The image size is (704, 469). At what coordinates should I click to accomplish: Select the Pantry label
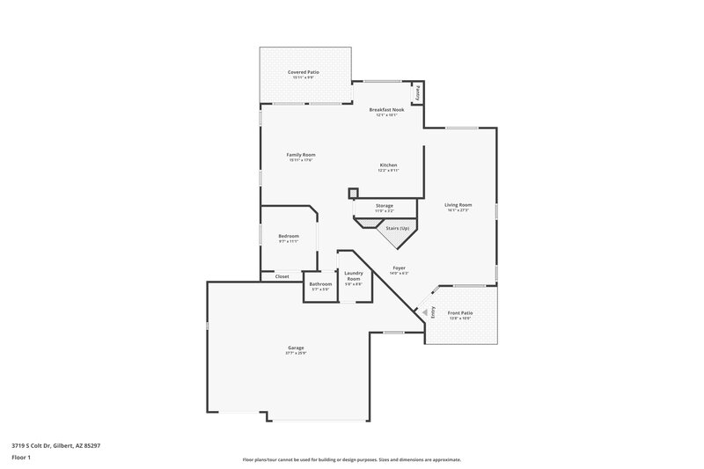click(x=418, y=92)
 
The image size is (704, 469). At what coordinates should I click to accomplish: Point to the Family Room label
click(x=301, y=155)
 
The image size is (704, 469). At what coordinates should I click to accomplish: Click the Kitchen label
click(x=389, y=165)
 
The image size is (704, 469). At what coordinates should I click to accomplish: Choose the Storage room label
click(x=385, y=206)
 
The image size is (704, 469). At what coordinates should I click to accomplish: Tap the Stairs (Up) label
click(x=398, y=227)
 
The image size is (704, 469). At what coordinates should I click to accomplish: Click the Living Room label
click(x=458, y=205)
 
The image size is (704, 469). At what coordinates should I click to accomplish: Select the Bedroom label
click(x=289, y=236)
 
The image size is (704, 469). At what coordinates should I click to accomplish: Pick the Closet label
click(x=282, y=276)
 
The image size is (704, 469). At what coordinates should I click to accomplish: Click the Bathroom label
click(x=320, y=284)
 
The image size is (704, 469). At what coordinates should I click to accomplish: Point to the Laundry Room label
click(x=353, y=276)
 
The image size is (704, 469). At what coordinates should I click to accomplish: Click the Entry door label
click(x=432, y=311)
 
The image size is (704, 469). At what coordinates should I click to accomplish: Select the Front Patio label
click(x=460, y=314)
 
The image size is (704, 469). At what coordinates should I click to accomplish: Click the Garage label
click(x=296, y=348)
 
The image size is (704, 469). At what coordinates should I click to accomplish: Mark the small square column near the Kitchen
click(x=354, y=194)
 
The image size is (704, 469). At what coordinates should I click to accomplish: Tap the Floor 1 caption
click(x=20, y=458)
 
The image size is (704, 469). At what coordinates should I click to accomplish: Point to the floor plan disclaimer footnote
click(x=352, y=459)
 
